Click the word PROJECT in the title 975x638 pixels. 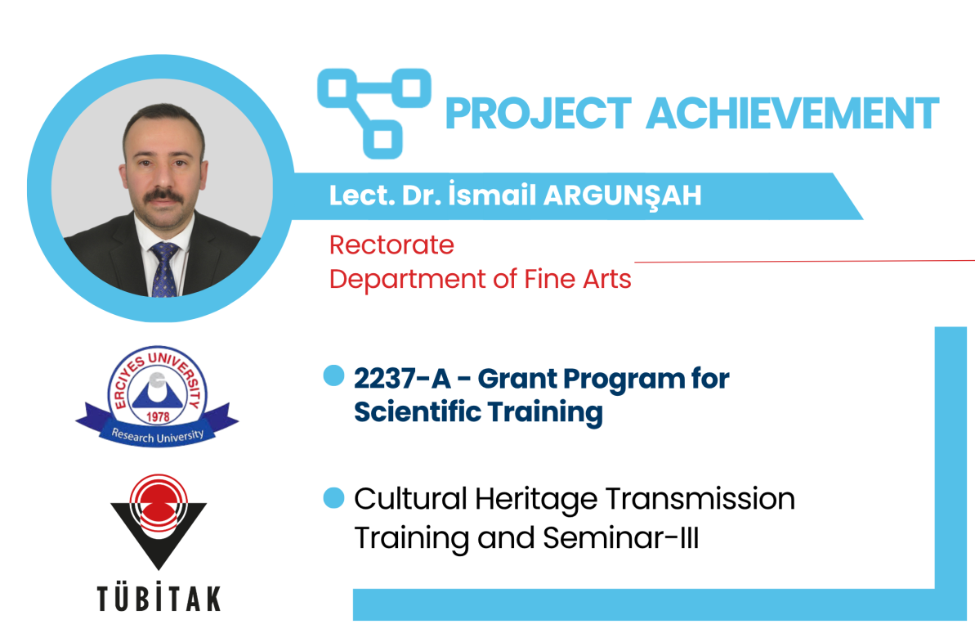[x=539, y=113]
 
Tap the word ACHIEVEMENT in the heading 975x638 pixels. [x=793, y=113]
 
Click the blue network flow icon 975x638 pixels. [x=374, y=113]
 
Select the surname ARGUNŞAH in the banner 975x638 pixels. [x=623, y=196]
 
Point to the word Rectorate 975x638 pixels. [x=391, y=245]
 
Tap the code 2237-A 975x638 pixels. [x=402, y=379]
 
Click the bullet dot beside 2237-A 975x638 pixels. [x=334, y=375]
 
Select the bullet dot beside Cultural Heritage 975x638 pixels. [x=334, y=498]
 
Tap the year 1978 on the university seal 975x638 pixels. [x=158, y=416]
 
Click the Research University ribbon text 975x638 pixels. [x=157, y=435]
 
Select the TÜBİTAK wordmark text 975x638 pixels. [x=159, y=599]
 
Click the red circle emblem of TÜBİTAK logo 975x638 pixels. [x=158, y=504]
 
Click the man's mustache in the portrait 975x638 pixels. [x=163, y=196]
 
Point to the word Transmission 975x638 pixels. [x=700, y=499]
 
